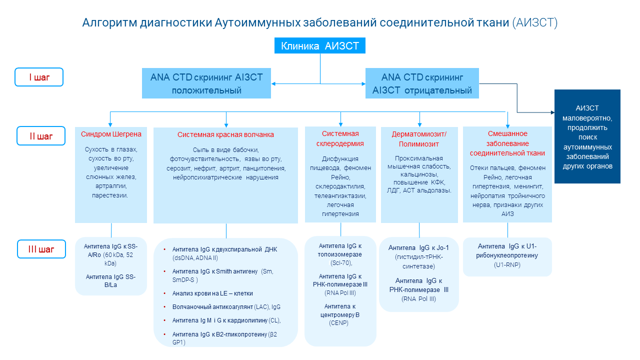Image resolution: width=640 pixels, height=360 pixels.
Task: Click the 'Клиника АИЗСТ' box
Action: [320, 46]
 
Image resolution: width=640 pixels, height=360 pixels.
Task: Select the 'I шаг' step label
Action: [39, 77]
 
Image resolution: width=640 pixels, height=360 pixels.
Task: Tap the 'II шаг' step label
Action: [40, 135]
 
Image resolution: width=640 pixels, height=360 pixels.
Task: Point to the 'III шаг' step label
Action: [40, 249]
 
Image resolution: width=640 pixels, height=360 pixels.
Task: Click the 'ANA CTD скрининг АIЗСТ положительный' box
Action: [206, 83]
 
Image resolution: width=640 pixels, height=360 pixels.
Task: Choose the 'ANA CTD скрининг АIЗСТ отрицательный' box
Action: [422, 83]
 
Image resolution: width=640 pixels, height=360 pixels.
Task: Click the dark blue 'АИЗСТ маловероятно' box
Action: [587, 136]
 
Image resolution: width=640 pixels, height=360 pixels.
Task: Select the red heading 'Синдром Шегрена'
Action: [111, 134]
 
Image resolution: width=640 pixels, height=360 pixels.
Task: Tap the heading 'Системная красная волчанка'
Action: [225, 134]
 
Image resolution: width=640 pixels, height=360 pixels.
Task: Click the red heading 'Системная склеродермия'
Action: [340, 138]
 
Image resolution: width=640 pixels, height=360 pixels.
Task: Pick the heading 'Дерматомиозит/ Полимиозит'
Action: [419, 139]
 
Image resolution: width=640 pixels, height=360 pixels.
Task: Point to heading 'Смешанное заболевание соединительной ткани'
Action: [507, 143]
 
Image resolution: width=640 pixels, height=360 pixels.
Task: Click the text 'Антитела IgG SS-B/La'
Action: [110, 280]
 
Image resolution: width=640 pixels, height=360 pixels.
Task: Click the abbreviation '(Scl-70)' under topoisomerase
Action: [341, 263]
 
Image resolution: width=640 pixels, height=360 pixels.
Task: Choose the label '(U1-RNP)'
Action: [507, 264]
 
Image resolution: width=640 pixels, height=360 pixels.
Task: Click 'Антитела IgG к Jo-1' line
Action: [419, 247]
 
